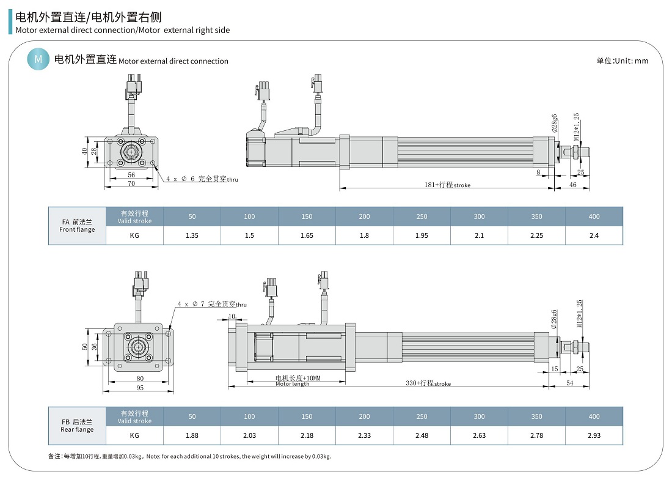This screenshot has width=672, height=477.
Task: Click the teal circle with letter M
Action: (x=38, y=59)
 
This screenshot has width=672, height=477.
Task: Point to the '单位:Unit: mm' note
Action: (x=622, y=61)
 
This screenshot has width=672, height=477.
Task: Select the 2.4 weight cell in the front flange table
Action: (x=594, y=235)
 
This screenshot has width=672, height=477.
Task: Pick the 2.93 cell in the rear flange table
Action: (x=594, y=435)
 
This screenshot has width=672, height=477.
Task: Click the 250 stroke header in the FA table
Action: (x=422, y=216)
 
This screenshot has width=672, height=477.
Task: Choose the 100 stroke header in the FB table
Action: (x=249, y=416)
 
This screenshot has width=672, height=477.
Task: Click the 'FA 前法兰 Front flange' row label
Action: (x=77, y=226)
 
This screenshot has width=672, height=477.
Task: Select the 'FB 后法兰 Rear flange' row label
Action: (x=77, y=426)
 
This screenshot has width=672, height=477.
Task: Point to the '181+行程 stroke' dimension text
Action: (x=447, y=185)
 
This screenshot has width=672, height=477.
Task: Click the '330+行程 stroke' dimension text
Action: (x=428, y=383)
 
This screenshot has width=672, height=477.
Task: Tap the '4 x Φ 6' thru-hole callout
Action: (x=202, y=179)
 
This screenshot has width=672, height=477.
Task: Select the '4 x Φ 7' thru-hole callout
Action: (x=211, y=304)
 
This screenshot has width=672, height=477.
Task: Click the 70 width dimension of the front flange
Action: (x=131, y=183)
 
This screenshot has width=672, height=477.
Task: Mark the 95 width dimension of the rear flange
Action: (x=140, y=388)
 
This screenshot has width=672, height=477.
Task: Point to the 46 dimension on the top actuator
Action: (x=572, y=184)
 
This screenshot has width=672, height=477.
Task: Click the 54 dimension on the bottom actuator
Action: (x=569, y=383)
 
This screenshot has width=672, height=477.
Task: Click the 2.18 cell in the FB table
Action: (x=307, y=435)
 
